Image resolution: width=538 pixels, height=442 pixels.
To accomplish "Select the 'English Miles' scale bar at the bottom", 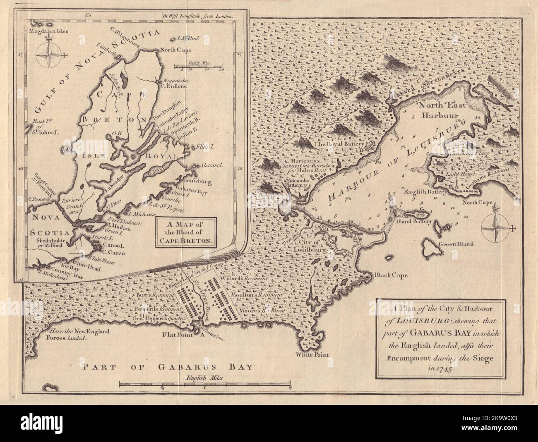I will point(205,385).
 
